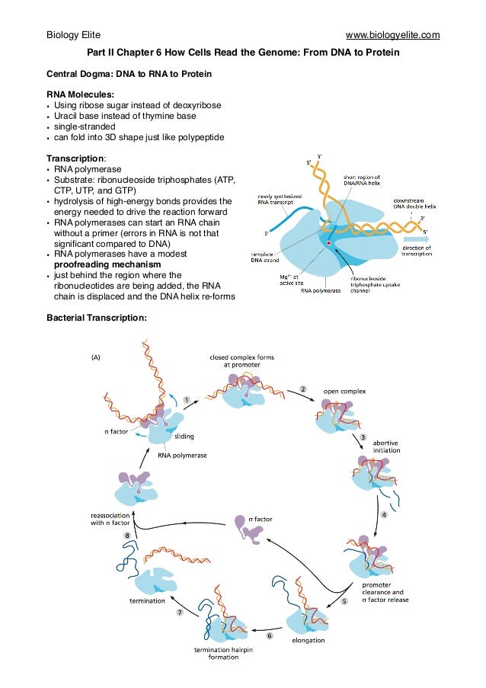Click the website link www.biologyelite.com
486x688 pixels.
pyautogui.click(x=392, y=35)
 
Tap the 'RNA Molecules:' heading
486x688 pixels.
pyautogui.click(x=81, y=94)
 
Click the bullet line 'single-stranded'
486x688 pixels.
pyautogui.click(x=85, y=126)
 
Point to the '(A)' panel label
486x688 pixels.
pyautogui.click(x=98, y=356)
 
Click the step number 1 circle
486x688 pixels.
pyautogui.click(x=187, y=398)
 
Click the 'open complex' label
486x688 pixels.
pyautogui.click(x=346, y=391)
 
